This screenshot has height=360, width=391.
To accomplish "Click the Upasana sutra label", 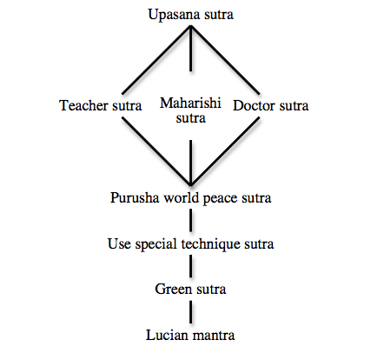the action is pyautogui.click(x=190, y=15).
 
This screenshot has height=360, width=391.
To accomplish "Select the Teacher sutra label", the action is pyautogui.click(x=101, y=105).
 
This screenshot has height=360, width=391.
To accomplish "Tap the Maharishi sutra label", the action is pyautogui.click(x=190, y=110).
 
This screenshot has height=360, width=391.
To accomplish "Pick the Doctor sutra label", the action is pyautogui.click(x=271, y=105).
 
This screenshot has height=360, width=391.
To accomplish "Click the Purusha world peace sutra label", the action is pyautogui.click(x=190, y=198).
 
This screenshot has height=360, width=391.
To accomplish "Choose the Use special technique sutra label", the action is pyautogui.click(x=190, y=243).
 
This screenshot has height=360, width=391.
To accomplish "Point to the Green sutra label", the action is pyautogui.click(x=190, y=289).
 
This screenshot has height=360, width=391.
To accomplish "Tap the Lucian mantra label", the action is pyautogui.click(x=190, y=335).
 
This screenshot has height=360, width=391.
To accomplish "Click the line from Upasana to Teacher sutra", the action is pyautogui.click(x=156, y=60).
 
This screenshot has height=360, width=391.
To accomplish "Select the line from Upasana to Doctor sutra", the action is pyautogui.click(x=225, y=60).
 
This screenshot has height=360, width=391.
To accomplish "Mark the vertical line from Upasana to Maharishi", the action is pyautogui.click(x=190, y=49).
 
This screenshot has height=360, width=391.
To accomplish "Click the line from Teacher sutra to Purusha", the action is pyautogui.click(x=156, y=151).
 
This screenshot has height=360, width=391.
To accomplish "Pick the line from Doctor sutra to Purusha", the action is pyautogui.click(x=225, y=151).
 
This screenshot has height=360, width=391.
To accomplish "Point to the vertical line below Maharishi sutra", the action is pyautogui.click(x=190, y=163).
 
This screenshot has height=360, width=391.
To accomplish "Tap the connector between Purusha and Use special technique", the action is pyautogui.click(x=190, y=220).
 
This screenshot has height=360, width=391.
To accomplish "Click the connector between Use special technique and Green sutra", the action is pyautogui.click(x=190, y=266).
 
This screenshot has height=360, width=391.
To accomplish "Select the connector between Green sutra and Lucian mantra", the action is pyautogui.click(x=190, y=312).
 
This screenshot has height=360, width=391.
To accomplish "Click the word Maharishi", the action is pyautogui.click(x=190, y=103).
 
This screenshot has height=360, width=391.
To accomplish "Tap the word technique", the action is pyautogui.click(x=211, y=244).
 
